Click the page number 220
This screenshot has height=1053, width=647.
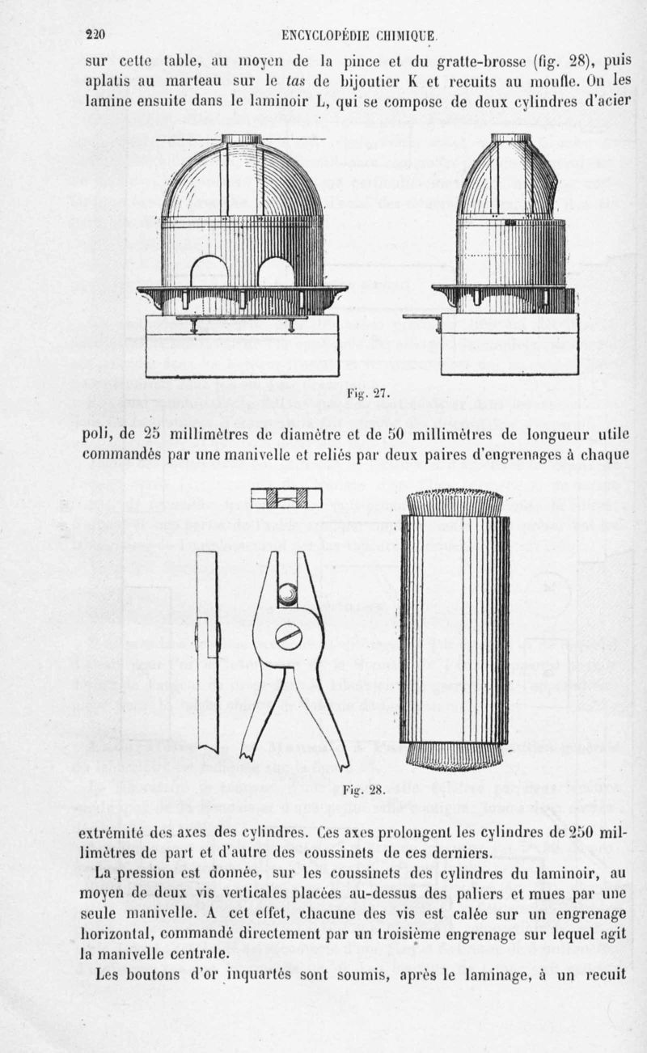coord(96,34)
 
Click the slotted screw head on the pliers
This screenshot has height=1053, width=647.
coord(289,637)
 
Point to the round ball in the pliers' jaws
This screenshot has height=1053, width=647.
coord(288,595)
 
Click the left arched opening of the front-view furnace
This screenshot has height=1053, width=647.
coord(209,272)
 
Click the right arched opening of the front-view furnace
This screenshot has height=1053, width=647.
coord(275,272)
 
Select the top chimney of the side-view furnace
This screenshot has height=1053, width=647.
coord(511,137)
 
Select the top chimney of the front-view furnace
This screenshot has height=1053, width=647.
coord(242,138)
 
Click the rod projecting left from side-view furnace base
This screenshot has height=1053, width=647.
coord(421,316)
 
